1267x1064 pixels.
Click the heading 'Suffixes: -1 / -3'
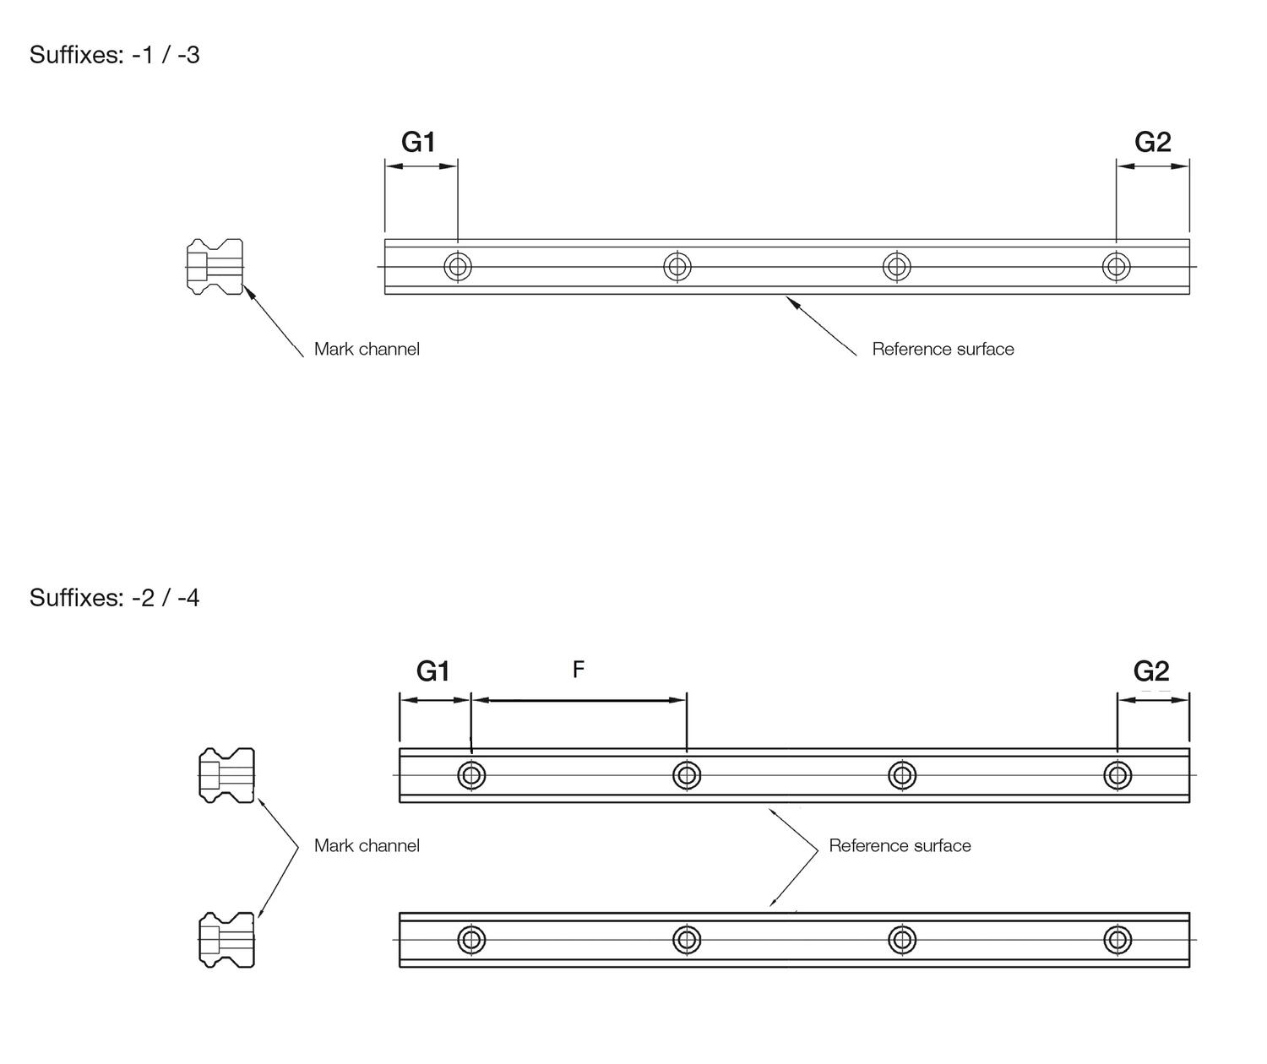[x=114, y=55]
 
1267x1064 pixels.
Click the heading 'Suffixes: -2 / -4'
[x=114, y=598]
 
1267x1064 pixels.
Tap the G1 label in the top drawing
[x=419, y=142]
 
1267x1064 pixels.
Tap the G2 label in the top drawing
[x=1152, y=142]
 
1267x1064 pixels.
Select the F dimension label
[x=579, y=669]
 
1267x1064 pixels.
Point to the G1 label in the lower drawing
[x=433, y=671]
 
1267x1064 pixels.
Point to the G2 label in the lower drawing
[x=1151, y=671]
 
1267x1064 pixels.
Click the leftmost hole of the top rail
[x=458, y=266]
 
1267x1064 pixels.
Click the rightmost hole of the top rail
[x=1116, y=266]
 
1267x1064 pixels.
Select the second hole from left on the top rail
[x=677, y=266]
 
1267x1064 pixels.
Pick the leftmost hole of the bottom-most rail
[x=471, y=940]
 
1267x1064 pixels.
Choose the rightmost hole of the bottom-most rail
[x=1117, y=940]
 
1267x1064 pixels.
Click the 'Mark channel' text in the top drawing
[x=367, y=349]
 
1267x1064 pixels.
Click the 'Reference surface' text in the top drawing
[x=943, y=349]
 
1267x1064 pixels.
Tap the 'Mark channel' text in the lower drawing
[x=367, y=845]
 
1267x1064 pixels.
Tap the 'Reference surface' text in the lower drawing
[x=900, y=845]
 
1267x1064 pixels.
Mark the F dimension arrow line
[x=579, y=700]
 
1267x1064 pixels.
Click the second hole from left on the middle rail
[x=686, y=775]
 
